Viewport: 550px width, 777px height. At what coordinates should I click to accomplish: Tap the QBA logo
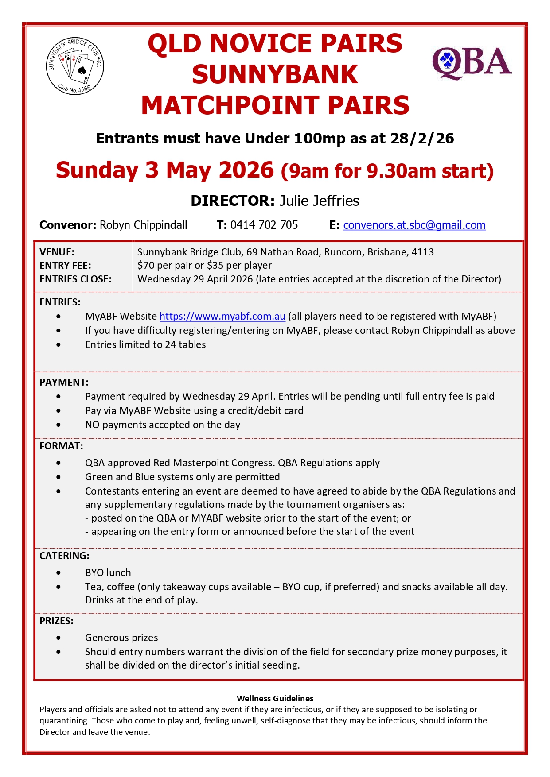coord(472,63)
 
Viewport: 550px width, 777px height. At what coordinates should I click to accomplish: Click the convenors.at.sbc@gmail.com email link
coord(414,225)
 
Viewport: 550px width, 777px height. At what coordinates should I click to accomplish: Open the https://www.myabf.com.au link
coord(222,316)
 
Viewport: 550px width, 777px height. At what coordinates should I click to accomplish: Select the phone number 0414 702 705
coord(264,225)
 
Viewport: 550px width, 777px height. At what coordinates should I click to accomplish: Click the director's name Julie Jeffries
coord(319,201)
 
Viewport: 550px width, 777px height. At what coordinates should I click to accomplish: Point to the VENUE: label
coord(57,252)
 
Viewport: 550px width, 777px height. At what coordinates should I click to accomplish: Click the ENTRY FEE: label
coord(65,265)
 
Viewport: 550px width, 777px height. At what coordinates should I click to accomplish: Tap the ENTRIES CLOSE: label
coord(75,279)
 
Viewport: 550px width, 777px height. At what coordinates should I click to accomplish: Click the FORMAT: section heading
coord(61,446)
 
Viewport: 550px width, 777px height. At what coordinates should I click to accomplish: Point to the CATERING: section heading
coord(64,556)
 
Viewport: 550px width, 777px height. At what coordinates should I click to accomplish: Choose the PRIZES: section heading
coord(56,621)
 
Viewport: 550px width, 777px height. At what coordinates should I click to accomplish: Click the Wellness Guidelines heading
coord(275,698)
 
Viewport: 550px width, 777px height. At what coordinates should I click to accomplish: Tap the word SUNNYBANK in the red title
coord(275,74)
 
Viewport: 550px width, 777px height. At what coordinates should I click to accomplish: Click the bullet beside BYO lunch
coord(59,572)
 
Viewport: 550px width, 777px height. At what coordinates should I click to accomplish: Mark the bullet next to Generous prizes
coord(59,638)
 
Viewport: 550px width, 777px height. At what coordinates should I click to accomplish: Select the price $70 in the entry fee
coord(146,265)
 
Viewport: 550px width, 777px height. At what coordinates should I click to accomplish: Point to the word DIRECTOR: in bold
coord(233,201)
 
